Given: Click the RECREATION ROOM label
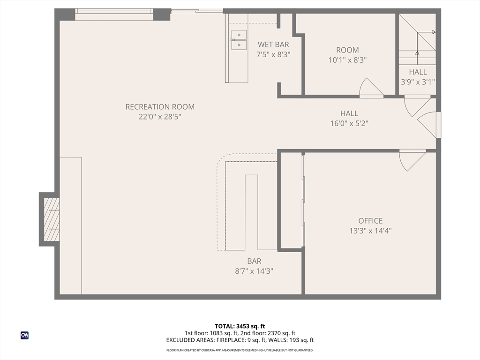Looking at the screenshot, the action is click(x=160, y=107).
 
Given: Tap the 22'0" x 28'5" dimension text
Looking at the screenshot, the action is click(x=160, y=117).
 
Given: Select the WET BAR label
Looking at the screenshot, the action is click(x=273, y=45).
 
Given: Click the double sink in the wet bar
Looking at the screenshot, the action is click(x=239, y=40).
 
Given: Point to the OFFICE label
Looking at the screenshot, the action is click(x=370, y=221).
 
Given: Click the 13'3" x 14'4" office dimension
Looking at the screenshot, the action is click(x=370, y=231).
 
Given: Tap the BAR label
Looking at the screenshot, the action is click(x=254, y=261).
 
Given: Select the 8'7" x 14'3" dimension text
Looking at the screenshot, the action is click(x=254, y=271).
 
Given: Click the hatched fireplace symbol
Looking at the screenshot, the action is click(x=52, y=219).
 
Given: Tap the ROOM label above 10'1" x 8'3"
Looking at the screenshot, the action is click(x=347, y=50).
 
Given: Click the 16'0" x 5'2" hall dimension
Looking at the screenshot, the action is click(x=349, y=123).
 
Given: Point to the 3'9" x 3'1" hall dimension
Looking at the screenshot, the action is click(x=418, y=82).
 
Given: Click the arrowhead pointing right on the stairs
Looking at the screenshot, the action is click(x=434, y=32).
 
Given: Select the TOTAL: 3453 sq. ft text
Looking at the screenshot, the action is click(x=240, y=326).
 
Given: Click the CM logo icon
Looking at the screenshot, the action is click(x=24, y=335).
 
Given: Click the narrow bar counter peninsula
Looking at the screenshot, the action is click(x=251, y=212).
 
